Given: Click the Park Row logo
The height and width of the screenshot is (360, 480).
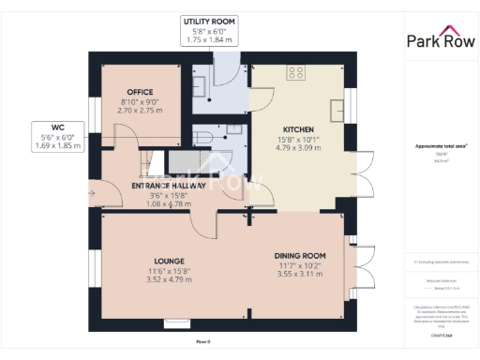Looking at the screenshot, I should (440, 39).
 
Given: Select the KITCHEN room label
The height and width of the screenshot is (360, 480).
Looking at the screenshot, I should (298, 128).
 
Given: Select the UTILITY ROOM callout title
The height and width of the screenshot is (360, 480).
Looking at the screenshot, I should (210, 21).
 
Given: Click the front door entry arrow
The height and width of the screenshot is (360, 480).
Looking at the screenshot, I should (91, 193).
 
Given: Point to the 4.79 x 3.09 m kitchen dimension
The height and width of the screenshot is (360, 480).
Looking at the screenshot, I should (298, 147).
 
